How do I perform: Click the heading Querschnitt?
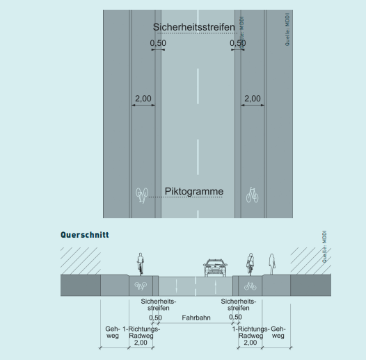pyautogui.click(x=85, y=235)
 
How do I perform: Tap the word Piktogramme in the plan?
pyautogui.click(x=194, y=191)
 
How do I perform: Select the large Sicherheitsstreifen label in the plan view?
pyautogui.click(x=193, y=27)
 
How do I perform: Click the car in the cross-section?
pyautogui.click(x=215, y=268)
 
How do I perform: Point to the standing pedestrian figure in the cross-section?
pyautogui.click(x=271, y=264)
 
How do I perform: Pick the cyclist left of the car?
pyautogui.click(x=141, y=263)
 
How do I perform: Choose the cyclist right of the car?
pyautogui.click(x=250, y=264)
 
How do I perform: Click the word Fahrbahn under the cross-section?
pyautogui.click(x=196, y=318)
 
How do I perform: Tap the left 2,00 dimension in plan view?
pyautogui.click(x=143, y=99)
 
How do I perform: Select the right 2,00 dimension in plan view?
pyautogui.click(x=253, y=99)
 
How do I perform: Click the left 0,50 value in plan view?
pyautogui.click(x=158, y=43)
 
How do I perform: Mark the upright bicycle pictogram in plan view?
pyautogui.click(x=252, y=195)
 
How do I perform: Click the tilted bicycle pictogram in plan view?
pyautogui.click(x=142, y=195)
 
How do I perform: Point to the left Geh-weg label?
pyautogui.click(x=113, y=332)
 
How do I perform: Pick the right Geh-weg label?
pyautogui.click(x=278, y=332)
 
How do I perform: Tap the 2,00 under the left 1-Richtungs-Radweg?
pyautogui.click(x=141, y=343)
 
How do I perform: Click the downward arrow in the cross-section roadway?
pyautogui.click(x=176, y=286)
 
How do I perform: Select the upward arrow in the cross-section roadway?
pyautogui.click(x=215, y=286)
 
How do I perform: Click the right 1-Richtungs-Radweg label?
pyautogui.click(x=250, y=332)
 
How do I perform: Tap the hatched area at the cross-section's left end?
pyautogui.click(x=81, y=261)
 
